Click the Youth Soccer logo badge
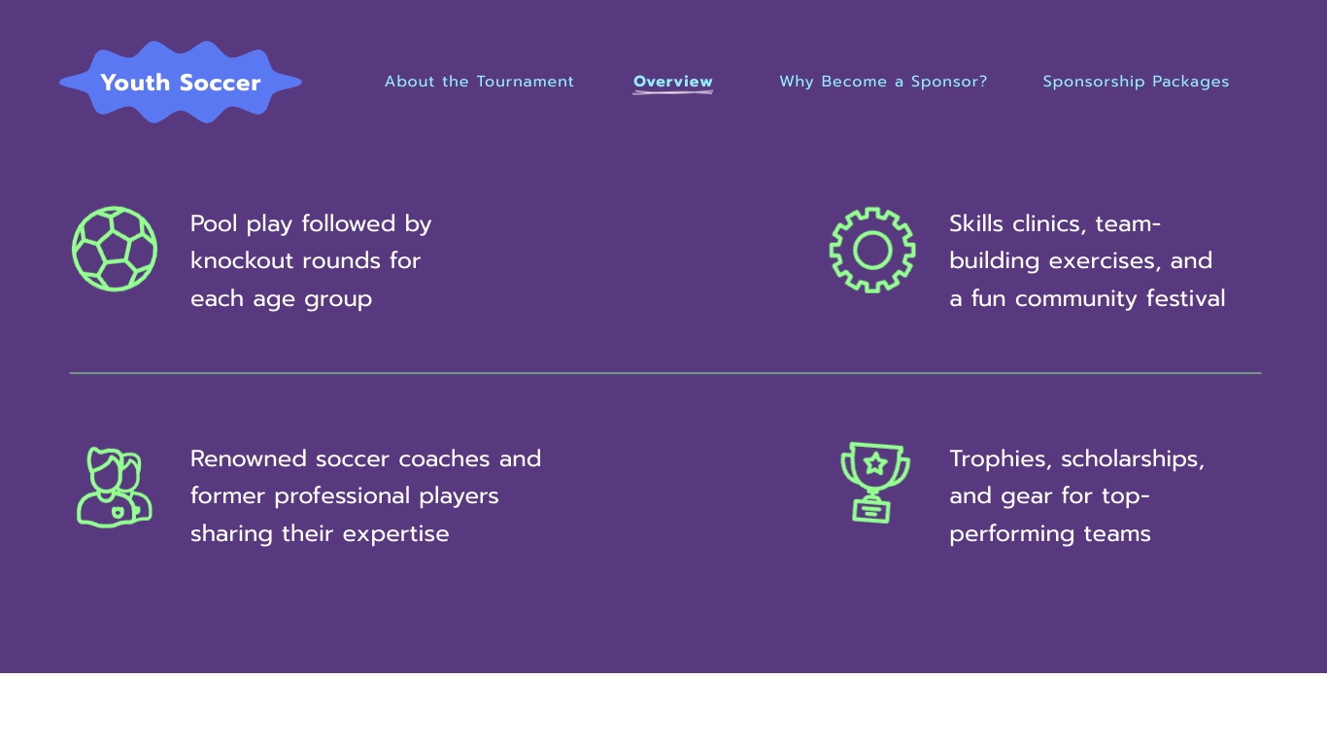(181, 83)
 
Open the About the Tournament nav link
(479, 82)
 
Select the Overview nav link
(673, 82)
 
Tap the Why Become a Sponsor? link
(883, 82)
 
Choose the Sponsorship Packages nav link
(1136, 82)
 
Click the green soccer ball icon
(115, 249)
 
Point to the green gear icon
(872, 250)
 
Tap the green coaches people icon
(115, 487)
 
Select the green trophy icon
(874, 482)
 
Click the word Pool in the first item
(214, 224)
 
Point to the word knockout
(242, 261)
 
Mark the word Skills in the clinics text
(976, 224)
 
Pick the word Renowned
(249, 459)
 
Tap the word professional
(343, 496)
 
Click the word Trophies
(1000, 459)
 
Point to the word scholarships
(1133, 459)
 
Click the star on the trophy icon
(875, 462)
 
